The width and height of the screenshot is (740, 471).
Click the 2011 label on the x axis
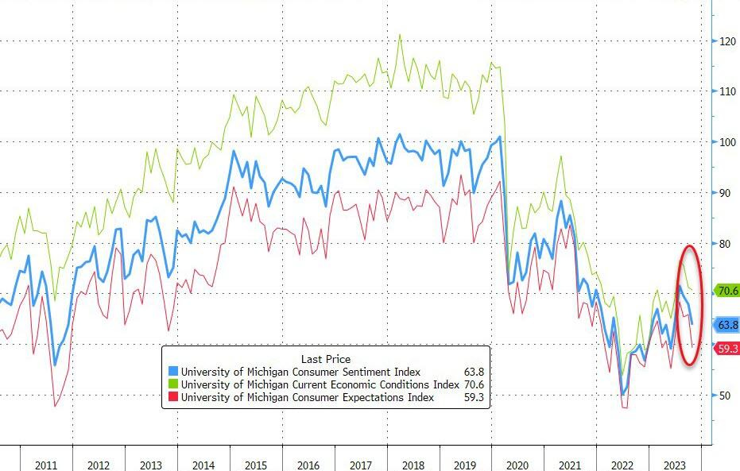coord(46,465)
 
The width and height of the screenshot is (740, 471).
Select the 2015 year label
coord(256,465)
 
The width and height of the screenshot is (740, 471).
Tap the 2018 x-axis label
coord(413,465)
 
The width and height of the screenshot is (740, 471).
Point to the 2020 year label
coord(518,465)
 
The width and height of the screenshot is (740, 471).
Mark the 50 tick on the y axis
coord(726,396)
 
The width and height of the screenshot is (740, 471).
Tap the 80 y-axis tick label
coord(726,244)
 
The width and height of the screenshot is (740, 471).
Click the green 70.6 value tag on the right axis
coord(727,291)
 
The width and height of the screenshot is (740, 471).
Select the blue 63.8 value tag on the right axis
coord(727,325)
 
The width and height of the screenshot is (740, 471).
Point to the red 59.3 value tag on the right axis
coord(727,349)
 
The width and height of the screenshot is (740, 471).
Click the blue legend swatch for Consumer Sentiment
coord(172,372)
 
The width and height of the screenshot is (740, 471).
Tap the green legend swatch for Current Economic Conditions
coord(172,384)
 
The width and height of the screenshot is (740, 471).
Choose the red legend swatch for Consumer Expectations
coord(172,397)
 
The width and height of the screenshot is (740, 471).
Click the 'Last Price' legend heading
coord(325,359)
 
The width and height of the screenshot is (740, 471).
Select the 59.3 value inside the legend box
coord(474,397)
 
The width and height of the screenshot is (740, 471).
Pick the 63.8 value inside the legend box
coord(474,372)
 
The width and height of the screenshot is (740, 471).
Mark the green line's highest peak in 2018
coord(399,34)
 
